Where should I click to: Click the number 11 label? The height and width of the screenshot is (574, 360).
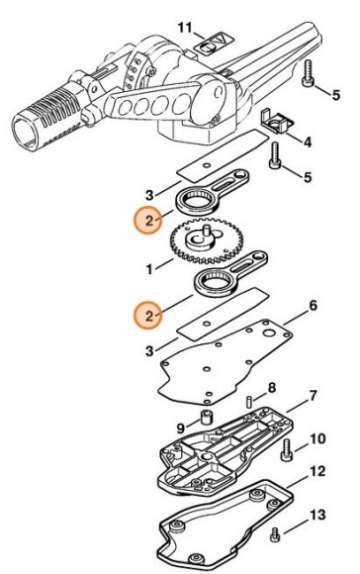[x=185, y=28]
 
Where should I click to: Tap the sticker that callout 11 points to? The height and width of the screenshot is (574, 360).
[x=214, y=45]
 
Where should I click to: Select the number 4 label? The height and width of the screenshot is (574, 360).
[x=308, y=143]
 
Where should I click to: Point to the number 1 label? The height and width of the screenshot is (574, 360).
[x=149, y=270]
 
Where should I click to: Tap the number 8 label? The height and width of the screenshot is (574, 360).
[x=272, y=388]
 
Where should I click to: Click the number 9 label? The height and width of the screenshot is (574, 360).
[x=181, y=428]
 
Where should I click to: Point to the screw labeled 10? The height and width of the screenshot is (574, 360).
[x=286, y=449]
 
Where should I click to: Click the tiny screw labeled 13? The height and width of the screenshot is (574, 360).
[x=275, y=534]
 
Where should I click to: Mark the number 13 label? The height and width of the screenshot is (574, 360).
[x=317, y=515]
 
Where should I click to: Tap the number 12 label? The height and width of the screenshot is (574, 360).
[x=317, y=471]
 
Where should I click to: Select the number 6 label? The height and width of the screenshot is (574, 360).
[x=313, y=306]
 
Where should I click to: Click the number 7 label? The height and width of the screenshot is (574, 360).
[x=313, y=396]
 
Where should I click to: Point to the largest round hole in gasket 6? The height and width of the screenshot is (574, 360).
[x=271, y=334]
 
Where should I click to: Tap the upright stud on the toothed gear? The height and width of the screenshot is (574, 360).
[x=206, y=232]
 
